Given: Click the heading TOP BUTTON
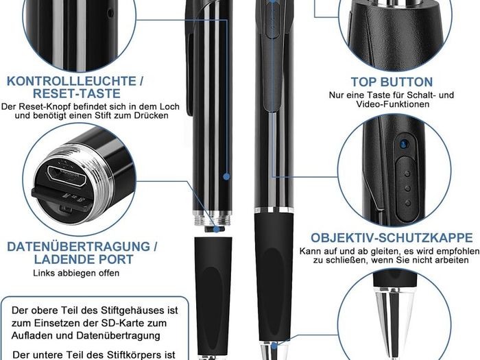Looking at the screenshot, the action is (392, 82).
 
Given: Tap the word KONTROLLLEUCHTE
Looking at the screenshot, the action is (71, 81).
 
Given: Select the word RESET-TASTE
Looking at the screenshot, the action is (77, 94).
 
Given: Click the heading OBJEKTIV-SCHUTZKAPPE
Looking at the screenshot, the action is (392, 238).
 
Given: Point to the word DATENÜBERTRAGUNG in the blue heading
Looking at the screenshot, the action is (79, 247).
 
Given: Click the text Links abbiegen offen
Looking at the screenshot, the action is (76, 273).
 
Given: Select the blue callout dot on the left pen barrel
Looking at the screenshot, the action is (226, 176).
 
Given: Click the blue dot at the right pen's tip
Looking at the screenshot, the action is (274, 346).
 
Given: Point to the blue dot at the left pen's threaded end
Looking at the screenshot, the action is (217, 229).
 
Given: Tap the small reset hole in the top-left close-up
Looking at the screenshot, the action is (110, 13).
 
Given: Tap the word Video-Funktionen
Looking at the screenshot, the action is (393, 104).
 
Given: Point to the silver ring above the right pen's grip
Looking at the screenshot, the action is (274, 210).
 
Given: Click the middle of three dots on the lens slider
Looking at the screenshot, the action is (407, 189).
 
